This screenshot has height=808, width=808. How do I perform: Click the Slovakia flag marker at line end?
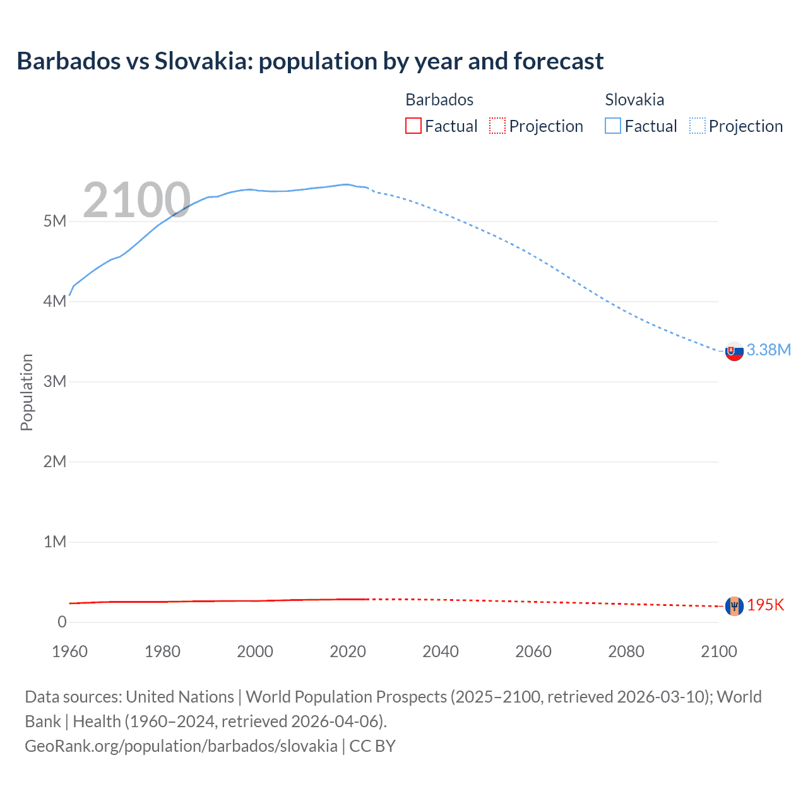[x=734, y=351]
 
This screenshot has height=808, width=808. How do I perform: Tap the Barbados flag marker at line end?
[x=734, y=606]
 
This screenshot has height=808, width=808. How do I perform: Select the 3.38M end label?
[x=768, y=350]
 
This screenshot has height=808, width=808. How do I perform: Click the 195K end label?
[x=765, y=605]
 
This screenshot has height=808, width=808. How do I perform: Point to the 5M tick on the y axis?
[x=55, y=221]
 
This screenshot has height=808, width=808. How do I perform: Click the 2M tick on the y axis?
[x=55, y=461]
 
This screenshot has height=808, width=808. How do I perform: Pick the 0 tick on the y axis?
[x=62, y=622]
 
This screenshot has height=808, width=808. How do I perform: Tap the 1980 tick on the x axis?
[x=162, y=651]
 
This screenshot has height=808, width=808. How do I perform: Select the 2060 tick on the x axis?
[x=533, y=651]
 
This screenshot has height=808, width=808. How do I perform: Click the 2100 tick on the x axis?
[x=718, y=651]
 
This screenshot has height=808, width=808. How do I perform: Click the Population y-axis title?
[x=27, y=392]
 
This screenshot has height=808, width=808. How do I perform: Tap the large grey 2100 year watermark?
[x=136, y=200]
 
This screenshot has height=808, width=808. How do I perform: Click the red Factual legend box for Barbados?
[x=413, y=126]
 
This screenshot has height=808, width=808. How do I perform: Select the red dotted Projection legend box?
[x=497, y=126]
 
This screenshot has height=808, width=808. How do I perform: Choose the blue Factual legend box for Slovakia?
[x=612, y=126]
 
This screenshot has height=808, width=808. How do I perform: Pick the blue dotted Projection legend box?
[x=697, y=126]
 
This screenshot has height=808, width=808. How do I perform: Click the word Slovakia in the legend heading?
[x=634, y=100]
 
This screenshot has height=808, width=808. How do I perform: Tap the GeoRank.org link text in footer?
[x=181, y=746]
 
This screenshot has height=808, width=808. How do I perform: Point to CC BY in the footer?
[x=372, y=746]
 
